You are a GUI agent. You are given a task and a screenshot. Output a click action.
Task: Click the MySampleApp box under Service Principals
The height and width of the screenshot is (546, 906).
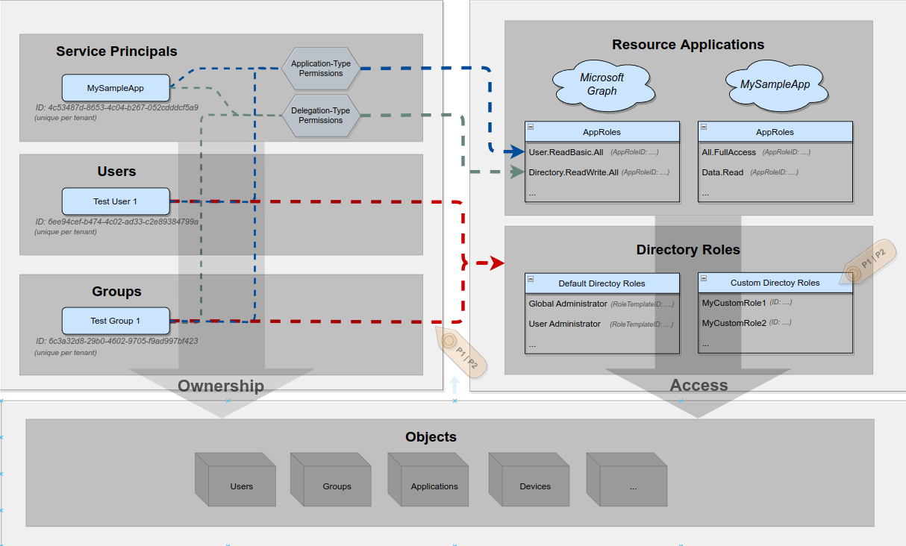tap(116, 88)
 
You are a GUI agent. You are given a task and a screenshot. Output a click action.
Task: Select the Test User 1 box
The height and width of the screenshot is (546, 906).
tap(115, 201)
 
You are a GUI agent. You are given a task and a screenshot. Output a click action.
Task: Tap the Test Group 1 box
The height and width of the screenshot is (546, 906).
tap(115, 321)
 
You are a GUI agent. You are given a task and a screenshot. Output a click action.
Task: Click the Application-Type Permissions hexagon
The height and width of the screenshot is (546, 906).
tap(321, 69)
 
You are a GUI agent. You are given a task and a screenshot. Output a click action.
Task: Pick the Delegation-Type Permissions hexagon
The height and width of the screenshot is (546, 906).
tap(321, 116)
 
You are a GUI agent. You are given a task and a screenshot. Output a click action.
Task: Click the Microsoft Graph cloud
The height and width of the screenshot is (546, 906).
tap(602, 84)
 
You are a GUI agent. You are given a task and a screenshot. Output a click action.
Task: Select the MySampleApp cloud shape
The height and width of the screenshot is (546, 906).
tap(775, 84)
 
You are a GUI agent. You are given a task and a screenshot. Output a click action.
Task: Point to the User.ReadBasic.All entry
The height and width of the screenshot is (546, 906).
tap(566, 152)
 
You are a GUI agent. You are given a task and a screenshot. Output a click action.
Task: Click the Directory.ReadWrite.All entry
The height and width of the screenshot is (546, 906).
tap(573, 172)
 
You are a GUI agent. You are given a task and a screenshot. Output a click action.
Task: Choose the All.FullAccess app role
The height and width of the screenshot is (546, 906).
tap(729, 152)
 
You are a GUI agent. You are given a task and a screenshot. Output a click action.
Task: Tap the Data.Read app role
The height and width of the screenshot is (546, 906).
tap(722, 172)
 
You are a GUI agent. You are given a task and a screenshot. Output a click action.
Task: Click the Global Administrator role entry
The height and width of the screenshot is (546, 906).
tap(568, 304)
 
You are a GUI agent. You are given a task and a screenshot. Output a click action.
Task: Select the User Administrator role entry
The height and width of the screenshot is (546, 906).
tap(564, 324)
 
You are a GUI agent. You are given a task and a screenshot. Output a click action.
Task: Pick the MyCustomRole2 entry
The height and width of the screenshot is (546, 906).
tap(734, 323)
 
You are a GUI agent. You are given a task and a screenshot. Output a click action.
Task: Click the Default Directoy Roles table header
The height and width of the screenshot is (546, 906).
tap(602, 283)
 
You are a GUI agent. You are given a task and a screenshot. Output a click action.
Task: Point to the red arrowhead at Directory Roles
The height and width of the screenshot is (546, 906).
tap(496, 263)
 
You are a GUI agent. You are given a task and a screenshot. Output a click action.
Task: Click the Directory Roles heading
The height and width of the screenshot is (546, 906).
tap(688, 250)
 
